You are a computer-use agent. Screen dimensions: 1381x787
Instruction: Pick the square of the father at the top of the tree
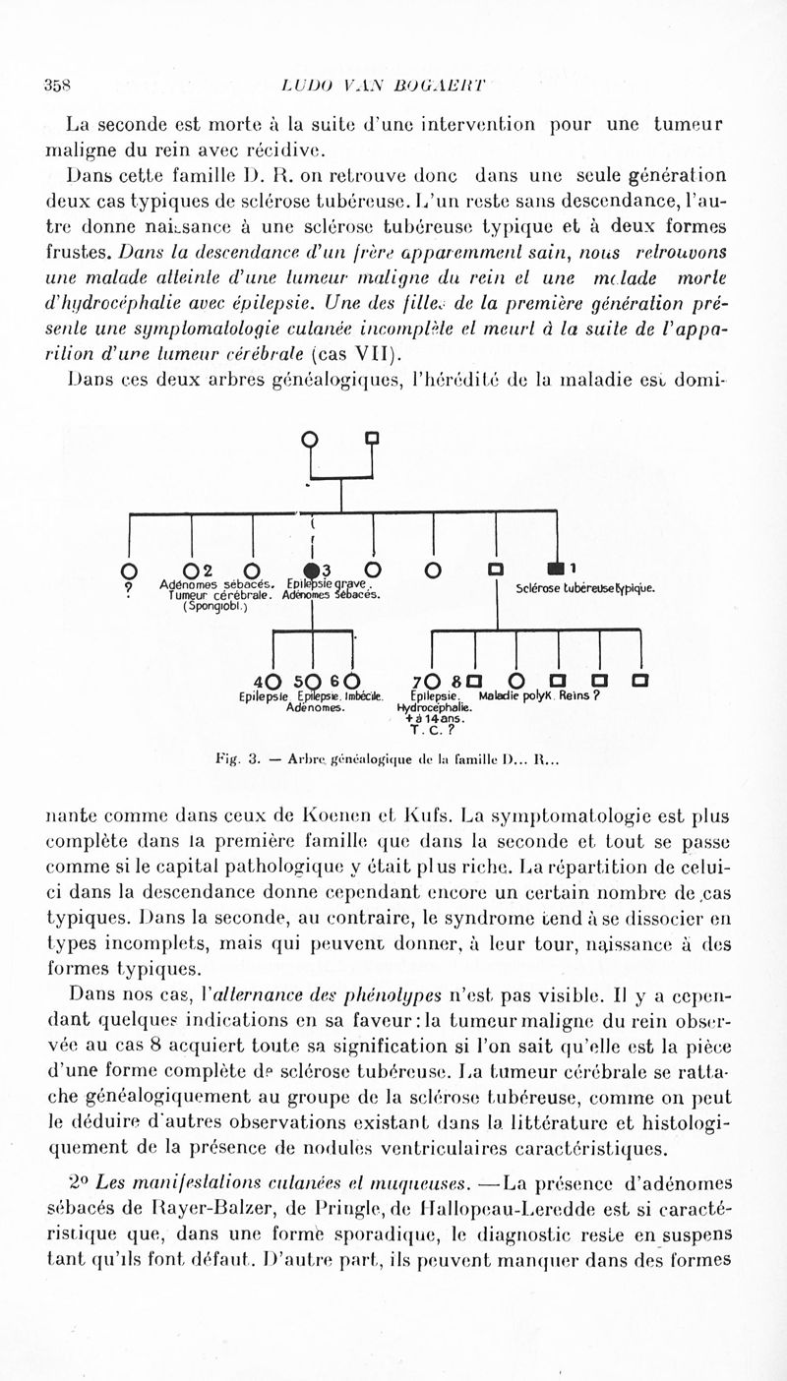pyautogui.click(x=372, y=437)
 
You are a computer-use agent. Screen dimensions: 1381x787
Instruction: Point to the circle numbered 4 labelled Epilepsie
pyautogui.click(x=272, y=681)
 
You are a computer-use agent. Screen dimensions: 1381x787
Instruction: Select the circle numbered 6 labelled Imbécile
pyautogui.click(x=351, y=681)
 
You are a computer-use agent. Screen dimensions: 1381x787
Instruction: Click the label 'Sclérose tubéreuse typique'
pyautogui.click(x=584, y=589)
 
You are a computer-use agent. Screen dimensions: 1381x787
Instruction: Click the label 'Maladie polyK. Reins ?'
pyautogui.click(x=539, y=696)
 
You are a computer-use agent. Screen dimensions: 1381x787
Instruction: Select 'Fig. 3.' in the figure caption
pyautogui.click(x=236, y=758)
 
